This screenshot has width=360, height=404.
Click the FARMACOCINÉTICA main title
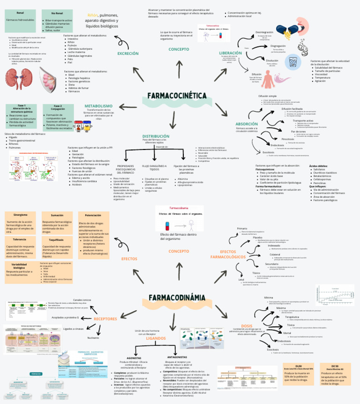177,96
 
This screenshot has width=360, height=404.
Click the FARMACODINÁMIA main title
177,297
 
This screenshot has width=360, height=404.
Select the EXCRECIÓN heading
128,53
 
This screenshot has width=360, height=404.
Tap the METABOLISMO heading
98,106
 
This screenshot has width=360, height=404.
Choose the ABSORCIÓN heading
247,124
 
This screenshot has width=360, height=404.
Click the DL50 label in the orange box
299,366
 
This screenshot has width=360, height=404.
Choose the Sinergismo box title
20,215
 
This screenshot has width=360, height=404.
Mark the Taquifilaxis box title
56,239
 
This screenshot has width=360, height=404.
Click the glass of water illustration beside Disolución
293,62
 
